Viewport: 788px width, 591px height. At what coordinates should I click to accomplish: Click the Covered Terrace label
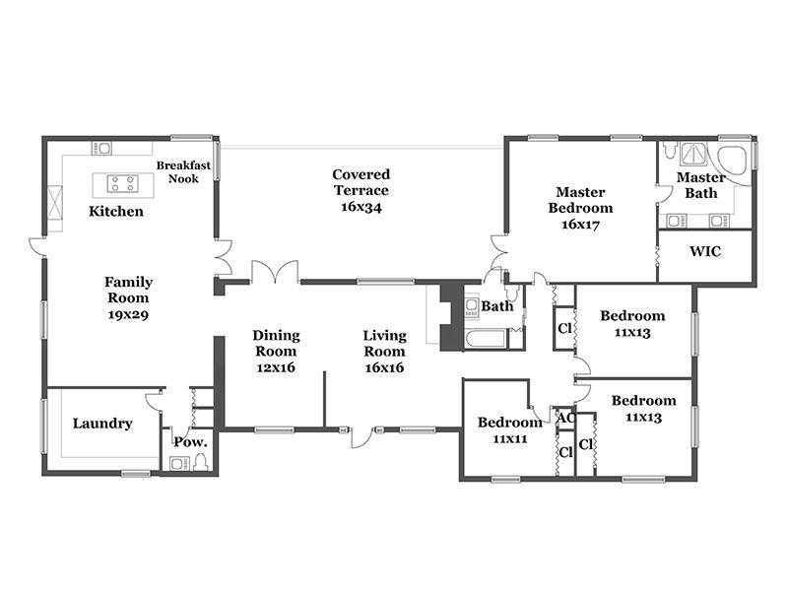pos(361,182)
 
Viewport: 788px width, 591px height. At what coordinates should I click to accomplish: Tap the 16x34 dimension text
pos(361,207)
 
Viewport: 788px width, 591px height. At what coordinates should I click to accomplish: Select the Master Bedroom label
pos(580,200)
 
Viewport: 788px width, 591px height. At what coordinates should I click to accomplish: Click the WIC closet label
pos(705,251)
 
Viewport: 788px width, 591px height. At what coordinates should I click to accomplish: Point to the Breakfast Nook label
pos(183,171)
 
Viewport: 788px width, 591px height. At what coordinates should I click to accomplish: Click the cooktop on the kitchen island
pos(122,183)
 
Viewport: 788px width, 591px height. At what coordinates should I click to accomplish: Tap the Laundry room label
pos(102,424)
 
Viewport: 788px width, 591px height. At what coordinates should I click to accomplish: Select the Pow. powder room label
pos(190,442)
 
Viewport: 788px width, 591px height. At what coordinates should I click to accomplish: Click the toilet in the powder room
pos(201,462)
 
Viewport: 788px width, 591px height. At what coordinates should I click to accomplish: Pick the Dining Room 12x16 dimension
pos(276,367)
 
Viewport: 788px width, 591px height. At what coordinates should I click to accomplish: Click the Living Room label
pos(385,343)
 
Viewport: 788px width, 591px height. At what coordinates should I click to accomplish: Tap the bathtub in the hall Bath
pos(485,339)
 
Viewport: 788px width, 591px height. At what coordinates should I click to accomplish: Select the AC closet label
pos(566,418)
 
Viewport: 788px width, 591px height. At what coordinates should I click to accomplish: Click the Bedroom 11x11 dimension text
pos(510,439)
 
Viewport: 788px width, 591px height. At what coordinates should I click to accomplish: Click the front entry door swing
pos(361,437)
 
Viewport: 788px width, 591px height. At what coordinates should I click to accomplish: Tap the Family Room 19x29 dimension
pos(128,315)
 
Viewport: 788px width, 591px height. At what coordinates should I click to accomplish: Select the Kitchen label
pos(116,212)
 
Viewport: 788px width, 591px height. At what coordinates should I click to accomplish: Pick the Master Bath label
pos(701,185)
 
